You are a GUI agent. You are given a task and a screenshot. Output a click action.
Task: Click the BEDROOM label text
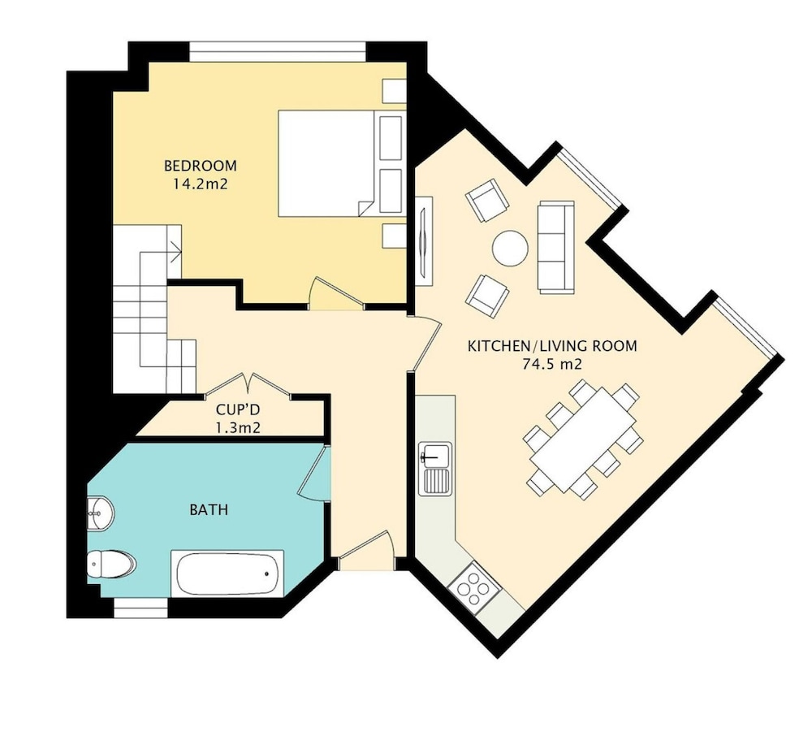(x=200, y=166)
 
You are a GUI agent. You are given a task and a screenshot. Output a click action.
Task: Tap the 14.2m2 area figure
(x=201, y=184)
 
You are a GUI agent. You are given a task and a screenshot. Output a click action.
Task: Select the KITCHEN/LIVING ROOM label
(x=552, y=346)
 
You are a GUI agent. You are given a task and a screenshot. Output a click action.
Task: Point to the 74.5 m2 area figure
(x=552, y=364)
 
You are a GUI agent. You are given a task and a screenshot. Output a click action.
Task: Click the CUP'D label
(x=238, y=409)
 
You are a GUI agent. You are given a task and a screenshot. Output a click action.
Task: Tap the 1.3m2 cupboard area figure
(x=238, y=428)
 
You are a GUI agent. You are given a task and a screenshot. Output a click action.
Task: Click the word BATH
(x=209, y=510)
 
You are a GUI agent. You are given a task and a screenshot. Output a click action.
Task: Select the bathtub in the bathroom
(x=227, y=574)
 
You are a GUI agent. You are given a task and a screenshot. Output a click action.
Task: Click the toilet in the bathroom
(x=110, y=564)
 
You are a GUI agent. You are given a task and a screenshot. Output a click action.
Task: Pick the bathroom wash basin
(x=101, y=513)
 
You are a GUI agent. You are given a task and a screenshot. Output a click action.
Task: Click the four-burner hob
(x=475, y=588)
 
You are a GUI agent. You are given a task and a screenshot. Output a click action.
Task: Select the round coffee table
(x=510, y=249)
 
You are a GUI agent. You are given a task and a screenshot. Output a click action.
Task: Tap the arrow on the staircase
(x=175, y=252)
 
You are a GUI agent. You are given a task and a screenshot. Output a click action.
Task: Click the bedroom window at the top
(x=278, y=52)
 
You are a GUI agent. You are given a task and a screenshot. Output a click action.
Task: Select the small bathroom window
(x=140, y=608)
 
